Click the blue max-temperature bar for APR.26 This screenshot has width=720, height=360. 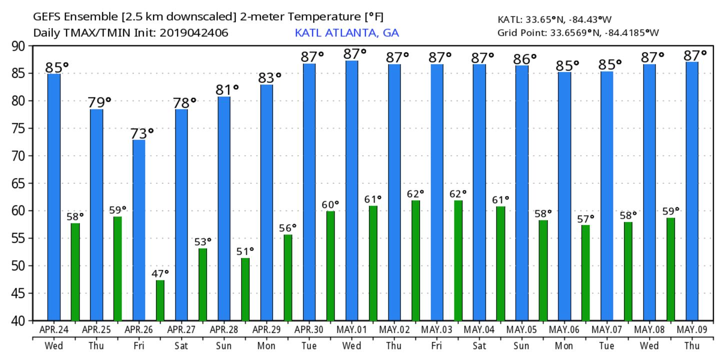point(139,230)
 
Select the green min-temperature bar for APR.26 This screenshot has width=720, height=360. point(160,300)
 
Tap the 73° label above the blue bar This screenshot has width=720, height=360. point(142,133)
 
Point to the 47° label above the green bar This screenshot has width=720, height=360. point(160,273)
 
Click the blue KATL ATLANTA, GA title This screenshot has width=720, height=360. point(347,33)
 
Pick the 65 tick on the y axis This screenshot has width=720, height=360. point(20,183)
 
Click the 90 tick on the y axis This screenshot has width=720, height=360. point(20,46)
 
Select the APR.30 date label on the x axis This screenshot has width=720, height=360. point(309,329)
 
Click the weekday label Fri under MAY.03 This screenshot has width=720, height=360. point(437,345)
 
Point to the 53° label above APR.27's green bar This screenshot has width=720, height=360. point(202,241)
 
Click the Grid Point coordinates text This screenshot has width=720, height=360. point(578,33)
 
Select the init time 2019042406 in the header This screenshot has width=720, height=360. point(198,33)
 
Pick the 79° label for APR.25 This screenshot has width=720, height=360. point(99,102)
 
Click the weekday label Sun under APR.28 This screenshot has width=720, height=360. point(224,345)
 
